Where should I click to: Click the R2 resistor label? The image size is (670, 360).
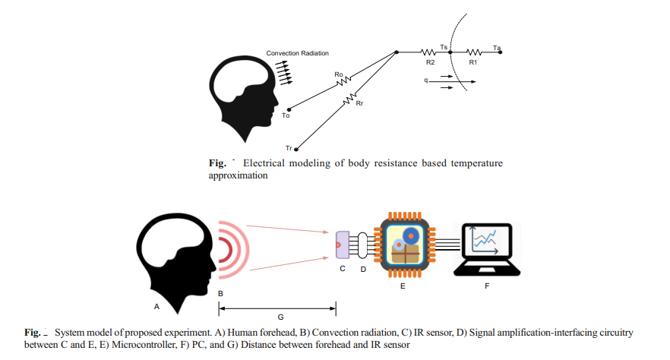pyautogui.click(x=430, y=62)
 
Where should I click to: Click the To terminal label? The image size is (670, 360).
pyautogui.click(x=286, y=115)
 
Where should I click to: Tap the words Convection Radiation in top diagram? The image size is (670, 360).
pyautogui.click(x=298, y=53)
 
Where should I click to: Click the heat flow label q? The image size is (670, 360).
pyautogui.click(x=428, y=80)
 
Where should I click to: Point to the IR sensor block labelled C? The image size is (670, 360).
pyautogui.click(x=340, y=245)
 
